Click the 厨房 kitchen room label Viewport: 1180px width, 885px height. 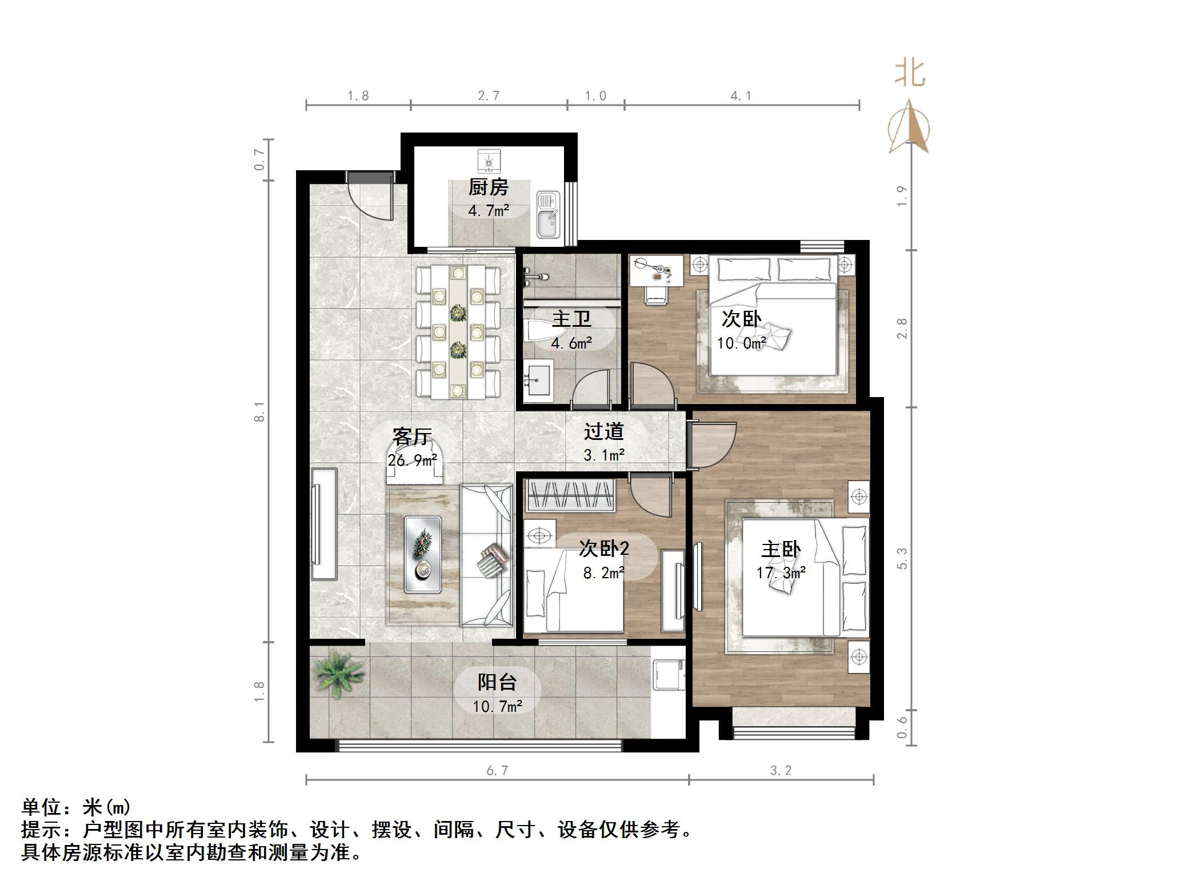[488, 187]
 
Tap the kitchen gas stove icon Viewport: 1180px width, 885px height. [489, 161]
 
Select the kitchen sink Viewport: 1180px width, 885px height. [548, 215]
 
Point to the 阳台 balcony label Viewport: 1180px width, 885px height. [497, 682]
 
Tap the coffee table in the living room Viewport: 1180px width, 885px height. [422, 554]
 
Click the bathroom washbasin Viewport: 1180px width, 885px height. [537, 377]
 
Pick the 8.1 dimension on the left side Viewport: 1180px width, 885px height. [260, 411]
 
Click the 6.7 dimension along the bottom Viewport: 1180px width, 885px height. [497, 771]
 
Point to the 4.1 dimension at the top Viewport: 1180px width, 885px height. [741, 96]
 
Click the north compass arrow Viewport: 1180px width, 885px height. [909, 128]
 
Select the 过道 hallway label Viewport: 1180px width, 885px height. [603, 431]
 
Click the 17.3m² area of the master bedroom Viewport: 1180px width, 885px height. [781, 572]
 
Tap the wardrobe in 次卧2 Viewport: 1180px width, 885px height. [570, 495]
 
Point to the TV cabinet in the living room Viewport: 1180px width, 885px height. [323, 523]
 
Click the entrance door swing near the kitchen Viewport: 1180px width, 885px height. [372, 198]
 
